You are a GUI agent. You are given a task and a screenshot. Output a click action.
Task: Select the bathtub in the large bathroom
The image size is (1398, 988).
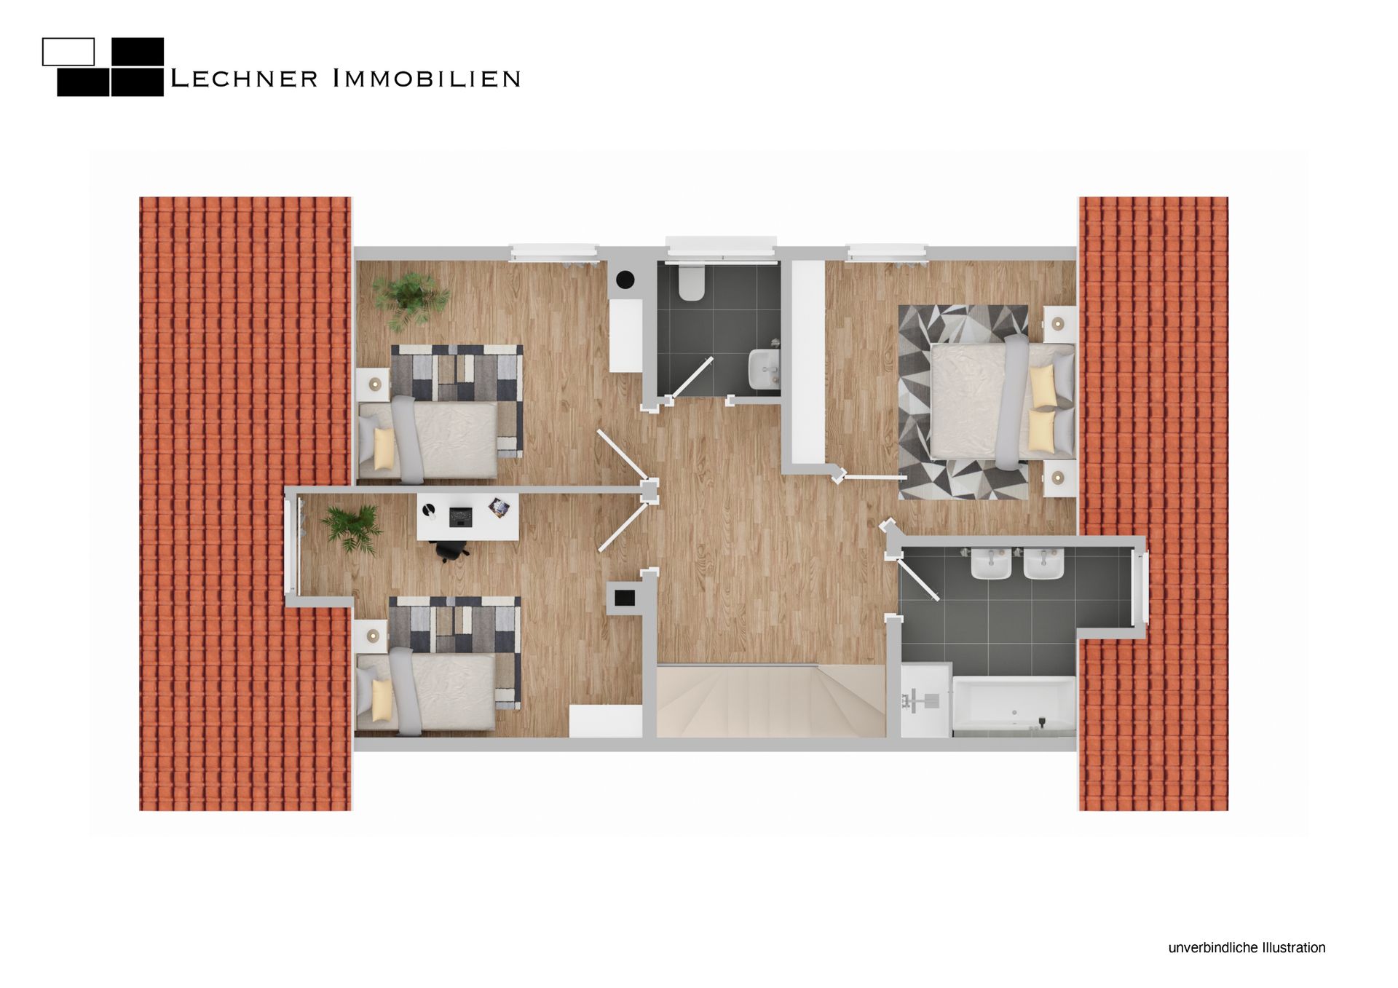pos(1014,706)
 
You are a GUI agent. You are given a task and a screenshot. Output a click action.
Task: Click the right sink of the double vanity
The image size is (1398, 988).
pos(1044,564)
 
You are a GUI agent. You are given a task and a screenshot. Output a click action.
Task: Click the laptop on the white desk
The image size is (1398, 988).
pos(460,517)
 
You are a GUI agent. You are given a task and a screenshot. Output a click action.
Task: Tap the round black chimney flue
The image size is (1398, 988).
pos(625,280)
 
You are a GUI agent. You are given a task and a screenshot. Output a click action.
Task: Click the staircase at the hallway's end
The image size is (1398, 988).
pos(770,700)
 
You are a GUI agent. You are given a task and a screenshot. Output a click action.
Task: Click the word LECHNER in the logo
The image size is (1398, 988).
pos(244,79)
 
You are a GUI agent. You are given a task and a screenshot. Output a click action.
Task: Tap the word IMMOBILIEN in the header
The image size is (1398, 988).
pos(427,79)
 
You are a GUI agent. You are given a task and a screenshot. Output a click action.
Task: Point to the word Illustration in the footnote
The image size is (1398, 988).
pos(1292,948)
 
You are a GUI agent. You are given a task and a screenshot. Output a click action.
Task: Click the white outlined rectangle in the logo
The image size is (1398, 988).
pos(68,52)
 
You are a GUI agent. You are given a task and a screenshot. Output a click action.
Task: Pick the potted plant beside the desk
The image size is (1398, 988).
pos(352,529)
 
